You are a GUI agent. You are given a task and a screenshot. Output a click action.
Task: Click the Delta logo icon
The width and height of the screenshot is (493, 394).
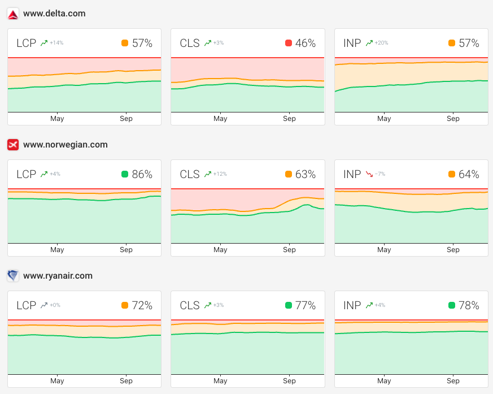point(13,14)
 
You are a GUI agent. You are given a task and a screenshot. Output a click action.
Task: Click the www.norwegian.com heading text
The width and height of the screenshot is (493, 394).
point(65,145)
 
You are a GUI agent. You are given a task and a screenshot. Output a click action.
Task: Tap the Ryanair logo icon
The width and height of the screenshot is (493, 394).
point(13,276)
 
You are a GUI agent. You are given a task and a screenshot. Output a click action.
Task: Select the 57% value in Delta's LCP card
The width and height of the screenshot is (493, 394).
point(142,43)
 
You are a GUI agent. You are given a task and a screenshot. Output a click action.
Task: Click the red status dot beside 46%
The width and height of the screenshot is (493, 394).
point(289,43)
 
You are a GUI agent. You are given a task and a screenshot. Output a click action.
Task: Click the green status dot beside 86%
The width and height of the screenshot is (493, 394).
point(125,174)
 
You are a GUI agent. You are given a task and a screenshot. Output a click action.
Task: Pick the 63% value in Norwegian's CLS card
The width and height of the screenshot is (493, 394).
point(306,174)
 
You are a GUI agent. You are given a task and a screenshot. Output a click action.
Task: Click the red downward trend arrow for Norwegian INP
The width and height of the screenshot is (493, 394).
point(369,174)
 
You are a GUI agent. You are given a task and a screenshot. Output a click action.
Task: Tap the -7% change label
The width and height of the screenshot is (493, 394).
point(381,174)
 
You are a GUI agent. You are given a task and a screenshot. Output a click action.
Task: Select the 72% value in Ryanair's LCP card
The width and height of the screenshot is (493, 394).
point(142,305)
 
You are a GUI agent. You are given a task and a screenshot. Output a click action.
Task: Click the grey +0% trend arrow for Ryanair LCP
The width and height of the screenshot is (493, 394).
point(43,305)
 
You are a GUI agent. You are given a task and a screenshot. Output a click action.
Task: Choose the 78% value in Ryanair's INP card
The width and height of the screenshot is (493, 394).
point(469,305)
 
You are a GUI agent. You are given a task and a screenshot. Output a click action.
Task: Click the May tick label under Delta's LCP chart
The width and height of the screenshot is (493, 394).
point(57,119)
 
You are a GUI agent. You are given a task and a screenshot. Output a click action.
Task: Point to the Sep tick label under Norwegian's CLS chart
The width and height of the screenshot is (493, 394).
point(289,250)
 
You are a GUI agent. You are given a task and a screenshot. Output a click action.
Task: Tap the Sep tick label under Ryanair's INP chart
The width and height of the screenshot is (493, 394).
point(453,381)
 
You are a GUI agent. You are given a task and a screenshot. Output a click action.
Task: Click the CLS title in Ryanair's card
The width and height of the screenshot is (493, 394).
point(190,305)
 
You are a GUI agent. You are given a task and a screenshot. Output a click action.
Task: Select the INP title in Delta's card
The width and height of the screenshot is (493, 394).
point(352,43)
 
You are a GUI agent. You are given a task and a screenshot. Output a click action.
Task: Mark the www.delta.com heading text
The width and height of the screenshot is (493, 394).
point(54,14)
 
